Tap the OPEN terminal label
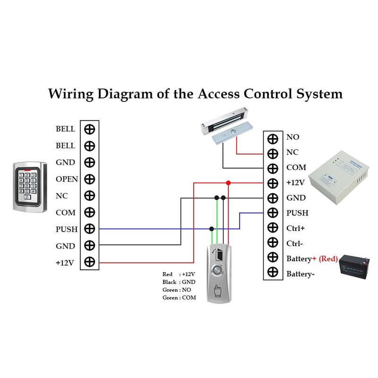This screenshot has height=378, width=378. pyautogui.click(x=67, y=179)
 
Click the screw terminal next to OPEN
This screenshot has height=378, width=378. pyautogui.click(x=89, y=179)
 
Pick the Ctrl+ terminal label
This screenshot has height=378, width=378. pyautogui.click(x=295, y=228)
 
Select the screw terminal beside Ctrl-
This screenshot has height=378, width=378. pyautogui.click(x=273, y=243)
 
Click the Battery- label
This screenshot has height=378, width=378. pyautogui.click(x=301, y=274)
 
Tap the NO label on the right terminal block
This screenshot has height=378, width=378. pyautogui.click(x=292, y=137)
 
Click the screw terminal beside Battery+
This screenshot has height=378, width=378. pyautogui.click(x=273, y=258)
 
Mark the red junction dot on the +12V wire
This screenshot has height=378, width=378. pyautogui.click(x=228, y=182)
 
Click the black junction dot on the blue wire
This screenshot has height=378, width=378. pyautogui.click(x=211, y=229)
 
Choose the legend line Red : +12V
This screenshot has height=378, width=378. pyautogui.click(x=179, y=274)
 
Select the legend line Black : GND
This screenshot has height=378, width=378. pyautogui.click(x=179, y=282)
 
